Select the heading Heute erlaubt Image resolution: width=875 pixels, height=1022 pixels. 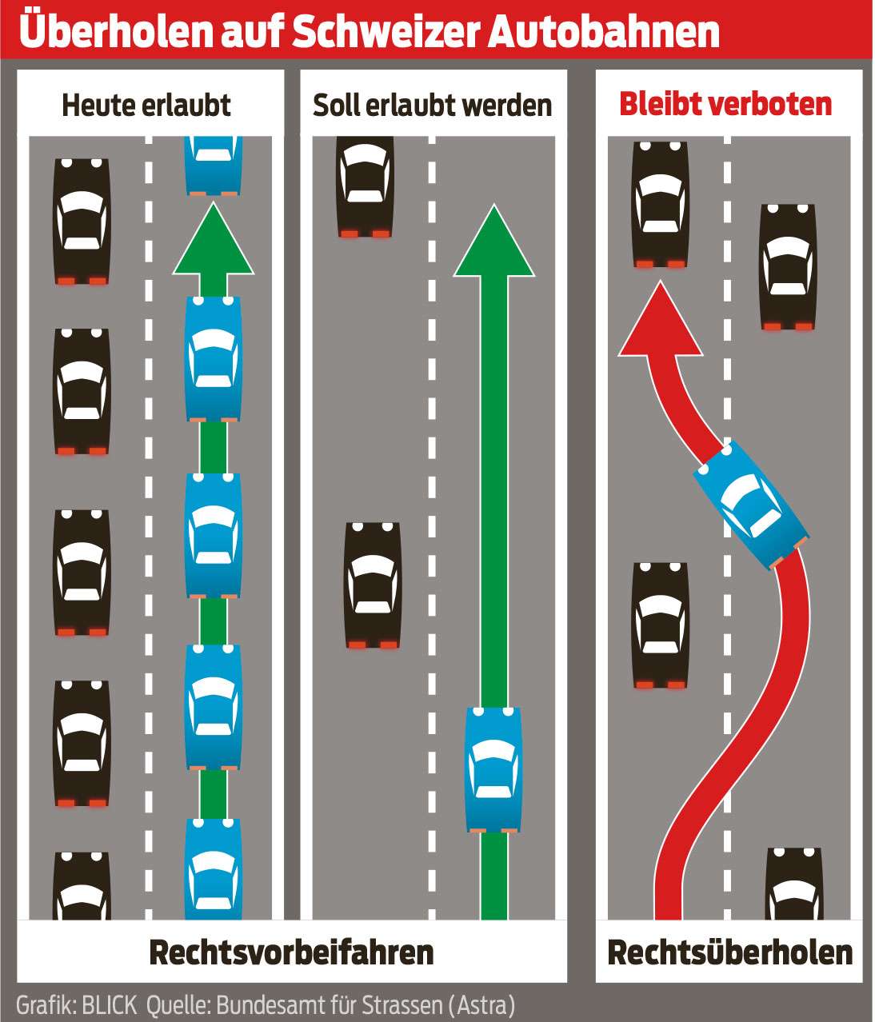[x=146, y=105]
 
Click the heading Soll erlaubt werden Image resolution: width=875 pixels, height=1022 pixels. [x=432, y=105]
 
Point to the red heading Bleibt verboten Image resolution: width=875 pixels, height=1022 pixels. [x=725, y=104]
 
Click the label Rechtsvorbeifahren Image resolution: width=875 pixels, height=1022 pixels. [x=291, y=952]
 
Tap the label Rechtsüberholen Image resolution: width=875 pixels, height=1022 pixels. [x=729, y=952]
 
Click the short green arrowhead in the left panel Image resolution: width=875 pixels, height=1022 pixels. [x=213, y=240]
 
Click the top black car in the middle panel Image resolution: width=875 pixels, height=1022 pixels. [x=366, y=187]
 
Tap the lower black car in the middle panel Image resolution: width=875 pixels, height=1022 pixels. [x=373, y=585]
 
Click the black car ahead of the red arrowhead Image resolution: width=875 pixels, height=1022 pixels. [x=660, y=205]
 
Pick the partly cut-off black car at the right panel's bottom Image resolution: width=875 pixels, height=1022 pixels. [x=793, y=884]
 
